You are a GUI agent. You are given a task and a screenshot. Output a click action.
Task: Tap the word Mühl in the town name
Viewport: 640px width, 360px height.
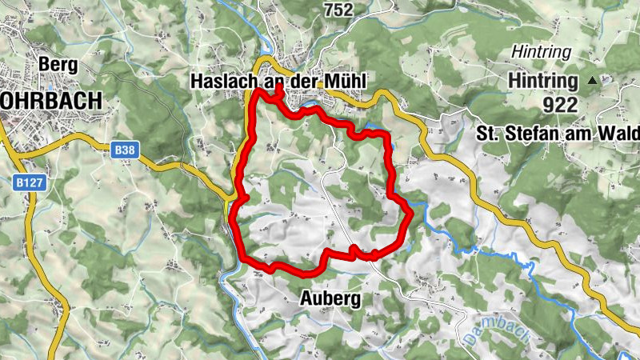(346, 82)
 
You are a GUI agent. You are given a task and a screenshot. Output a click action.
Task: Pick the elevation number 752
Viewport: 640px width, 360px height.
(338, 10)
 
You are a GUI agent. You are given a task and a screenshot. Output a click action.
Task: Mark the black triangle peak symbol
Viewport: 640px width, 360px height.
(592, 80)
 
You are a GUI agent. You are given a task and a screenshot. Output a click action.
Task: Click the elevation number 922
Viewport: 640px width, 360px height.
(560, 104)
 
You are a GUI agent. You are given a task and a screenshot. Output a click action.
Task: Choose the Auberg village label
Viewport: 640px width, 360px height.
(330, 299)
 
